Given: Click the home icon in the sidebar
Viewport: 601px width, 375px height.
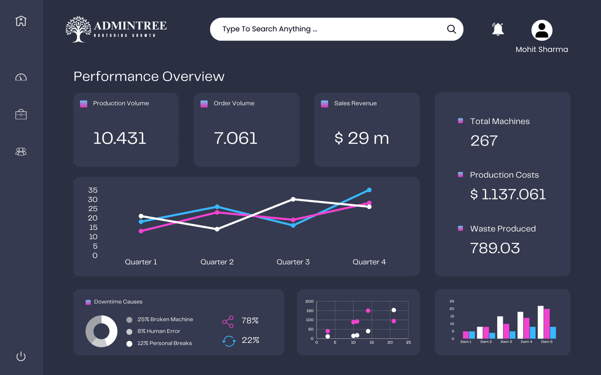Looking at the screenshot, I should pyautogui.click(x=21, y=21).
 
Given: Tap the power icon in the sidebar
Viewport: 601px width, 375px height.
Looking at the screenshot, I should pyautogui.click(x=21, y=356).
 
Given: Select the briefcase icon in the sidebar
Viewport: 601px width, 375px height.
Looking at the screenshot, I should pyautogui.click(x=21, y=114).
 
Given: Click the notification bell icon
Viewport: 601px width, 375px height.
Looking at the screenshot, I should pyautogui.click(x=497, y=29).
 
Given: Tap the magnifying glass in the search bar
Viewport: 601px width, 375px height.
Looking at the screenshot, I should pyautogui.click(x=451, y=29).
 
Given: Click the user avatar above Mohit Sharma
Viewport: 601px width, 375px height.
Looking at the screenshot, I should pyautogui.click(x=541, y=30).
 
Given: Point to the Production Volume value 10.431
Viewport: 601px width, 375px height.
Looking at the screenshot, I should pyautogui.click(x=120, y=138).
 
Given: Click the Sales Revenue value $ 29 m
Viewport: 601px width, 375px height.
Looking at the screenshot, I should pyautogui.click(x=362, y=138).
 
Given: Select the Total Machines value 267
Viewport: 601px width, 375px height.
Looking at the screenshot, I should pyautogui.click(x=484, y=140).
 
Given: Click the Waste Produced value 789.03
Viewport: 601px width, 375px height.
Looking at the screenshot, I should pyautogui.click(x=495, y=248).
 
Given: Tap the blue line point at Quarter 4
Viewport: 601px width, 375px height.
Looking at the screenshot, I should pyautogui.click(x=369, y=190).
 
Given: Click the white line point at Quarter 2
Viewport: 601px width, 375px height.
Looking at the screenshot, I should pyautogui.click(x=217, y=229).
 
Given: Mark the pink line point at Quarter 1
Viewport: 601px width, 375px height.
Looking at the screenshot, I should pyautogui.click(x=141, y=231).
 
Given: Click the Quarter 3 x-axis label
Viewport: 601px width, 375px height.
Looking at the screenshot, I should pyautogui.click(x=293, y=262).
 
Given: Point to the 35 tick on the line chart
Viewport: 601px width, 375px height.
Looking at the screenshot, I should pyautogui.click(x=93, y=190).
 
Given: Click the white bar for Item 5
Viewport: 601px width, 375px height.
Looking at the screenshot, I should pyautogui.click(x=540, y=322).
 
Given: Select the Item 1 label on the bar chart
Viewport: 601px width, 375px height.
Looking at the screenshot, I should pyautogui.click(x=465, y=342).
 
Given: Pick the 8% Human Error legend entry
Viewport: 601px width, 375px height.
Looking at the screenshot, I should pyautogui.click(x=158, y=331).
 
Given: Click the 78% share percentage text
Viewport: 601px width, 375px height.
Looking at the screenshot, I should pyautogui.click(x=250, y=320).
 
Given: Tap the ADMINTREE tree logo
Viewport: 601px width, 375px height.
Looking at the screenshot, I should pyautogui.click(x=79, y=29).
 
